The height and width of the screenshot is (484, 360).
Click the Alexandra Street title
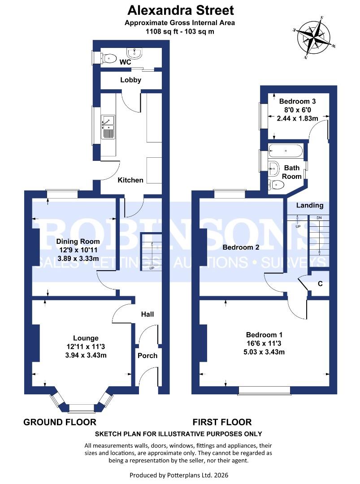click(180, 9)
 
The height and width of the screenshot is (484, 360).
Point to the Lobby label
click(130, 80)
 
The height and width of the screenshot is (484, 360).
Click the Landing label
click(310, 205)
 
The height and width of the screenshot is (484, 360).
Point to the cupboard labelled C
click(320, 284)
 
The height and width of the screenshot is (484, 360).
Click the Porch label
click(147, 356)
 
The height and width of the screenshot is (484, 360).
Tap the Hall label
click(147, 314)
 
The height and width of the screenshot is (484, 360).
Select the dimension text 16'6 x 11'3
click(265, 343)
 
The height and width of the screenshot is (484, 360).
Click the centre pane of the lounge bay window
click(82, 408)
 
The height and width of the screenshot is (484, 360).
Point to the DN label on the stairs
click(319, 218)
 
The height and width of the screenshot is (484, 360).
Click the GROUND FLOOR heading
click(60, 422)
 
